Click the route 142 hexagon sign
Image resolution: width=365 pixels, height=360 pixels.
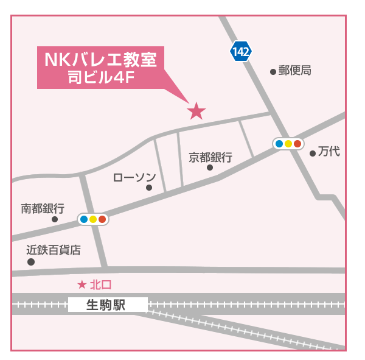pos(241,52)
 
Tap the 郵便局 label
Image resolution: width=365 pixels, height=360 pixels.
pos(295,71)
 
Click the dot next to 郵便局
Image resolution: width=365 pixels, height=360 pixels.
pos(273,72)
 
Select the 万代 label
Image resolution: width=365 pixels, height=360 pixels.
pos(329,152)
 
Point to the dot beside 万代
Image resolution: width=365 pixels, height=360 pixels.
pos(313,154)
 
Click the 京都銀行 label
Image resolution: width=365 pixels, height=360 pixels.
pos(210,157)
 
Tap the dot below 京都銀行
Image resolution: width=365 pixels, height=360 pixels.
pos(210,168)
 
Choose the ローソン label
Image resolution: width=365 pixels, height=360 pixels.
pos(135,177)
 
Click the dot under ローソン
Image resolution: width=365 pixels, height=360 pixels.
pos(149,188)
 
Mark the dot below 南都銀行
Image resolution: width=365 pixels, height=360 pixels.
pos(55,219)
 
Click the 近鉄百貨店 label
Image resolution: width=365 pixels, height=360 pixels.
pos(54,250)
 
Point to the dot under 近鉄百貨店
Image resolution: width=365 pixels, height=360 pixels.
pos(31,262)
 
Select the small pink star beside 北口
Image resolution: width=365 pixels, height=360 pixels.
pos(83,284)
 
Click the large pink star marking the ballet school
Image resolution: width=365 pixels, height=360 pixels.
pos(196,111)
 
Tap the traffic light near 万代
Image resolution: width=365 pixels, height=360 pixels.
pos(288,144)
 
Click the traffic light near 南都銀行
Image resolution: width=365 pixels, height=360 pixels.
pos(92,219)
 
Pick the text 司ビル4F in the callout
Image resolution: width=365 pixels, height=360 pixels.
pos(100,77)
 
